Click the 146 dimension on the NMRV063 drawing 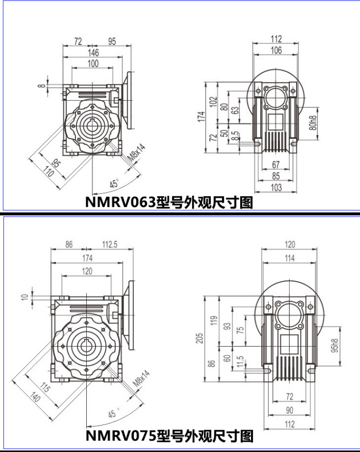93,52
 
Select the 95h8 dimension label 335,346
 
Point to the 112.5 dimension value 109,244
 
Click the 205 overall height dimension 199,338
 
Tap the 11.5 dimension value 240,362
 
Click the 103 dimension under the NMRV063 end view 276,188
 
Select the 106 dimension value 276,50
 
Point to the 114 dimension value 289,258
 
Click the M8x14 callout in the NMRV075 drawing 142,379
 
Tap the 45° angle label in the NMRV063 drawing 115,183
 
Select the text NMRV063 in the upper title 120,202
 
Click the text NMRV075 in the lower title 121,435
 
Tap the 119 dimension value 214,321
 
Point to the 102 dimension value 213,102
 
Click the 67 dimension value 276,164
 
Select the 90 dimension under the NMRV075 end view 289,410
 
